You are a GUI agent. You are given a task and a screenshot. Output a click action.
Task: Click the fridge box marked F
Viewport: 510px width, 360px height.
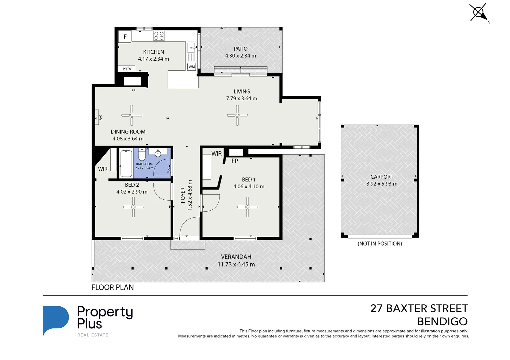click(125, 37)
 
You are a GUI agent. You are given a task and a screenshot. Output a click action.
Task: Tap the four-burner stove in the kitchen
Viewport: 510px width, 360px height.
click(159, 36)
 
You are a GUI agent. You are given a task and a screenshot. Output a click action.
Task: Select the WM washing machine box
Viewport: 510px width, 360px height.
click(192, 67)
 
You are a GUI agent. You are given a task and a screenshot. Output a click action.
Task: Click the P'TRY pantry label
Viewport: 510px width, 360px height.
click(127, 69)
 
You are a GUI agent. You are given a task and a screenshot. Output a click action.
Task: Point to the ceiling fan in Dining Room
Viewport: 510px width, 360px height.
click(132, 115)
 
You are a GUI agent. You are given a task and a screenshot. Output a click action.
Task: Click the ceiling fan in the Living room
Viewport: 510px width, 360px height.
click(238, 115)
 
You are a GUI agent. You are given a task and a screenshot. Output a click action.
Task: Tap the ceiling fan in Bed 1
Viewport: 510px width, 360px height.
click(248, 207)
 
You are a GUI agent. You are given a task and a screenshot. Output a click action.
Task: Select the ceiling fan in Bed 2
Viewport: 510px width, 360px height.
click(134, 207)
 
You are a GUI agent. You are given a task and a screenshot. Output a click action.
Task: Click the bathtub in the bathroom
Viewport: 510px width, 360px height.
click(126, 163)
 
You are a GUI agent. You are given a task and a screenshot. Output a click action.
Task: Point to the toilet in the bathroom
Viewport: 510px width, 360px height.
click(142, 155)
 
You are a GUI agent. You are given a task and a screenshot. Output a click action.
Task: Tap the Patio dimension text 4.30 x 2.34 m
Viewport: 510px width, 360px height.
click(241, 56)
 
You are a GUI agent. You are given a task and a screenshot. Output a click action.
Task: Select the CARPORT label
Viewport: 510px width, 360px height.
click(382, 177)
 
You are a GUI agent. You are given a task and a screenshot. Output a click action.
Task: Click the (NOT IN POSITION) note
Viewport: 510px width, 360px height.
click(380, 244)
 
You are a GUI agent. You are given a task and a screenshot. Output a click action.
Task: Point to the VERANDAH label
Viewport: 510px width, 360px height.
click(236, 257)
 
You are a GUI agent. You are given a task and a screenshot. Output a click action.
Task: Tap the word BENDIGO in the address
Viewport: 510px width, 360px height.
click(442, 322)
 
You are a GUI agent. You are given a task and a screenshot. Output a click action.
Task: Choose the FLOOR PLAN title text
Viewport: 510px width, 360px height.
click(113, 287)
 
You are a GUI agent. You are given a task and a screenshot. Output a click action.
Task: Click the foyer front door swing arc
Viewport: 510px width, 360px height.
click(189, 227)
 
